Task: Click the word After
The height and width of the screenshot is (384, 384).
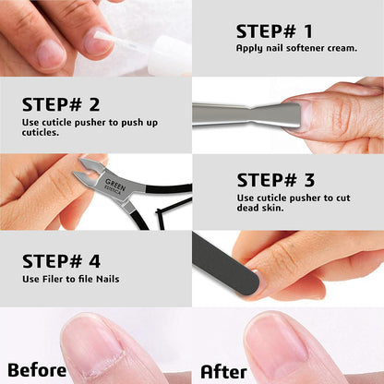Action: (x=223, y=371)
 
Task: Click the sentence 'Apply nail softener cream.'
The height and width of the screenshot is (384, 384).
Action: (x=295, y=48)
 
